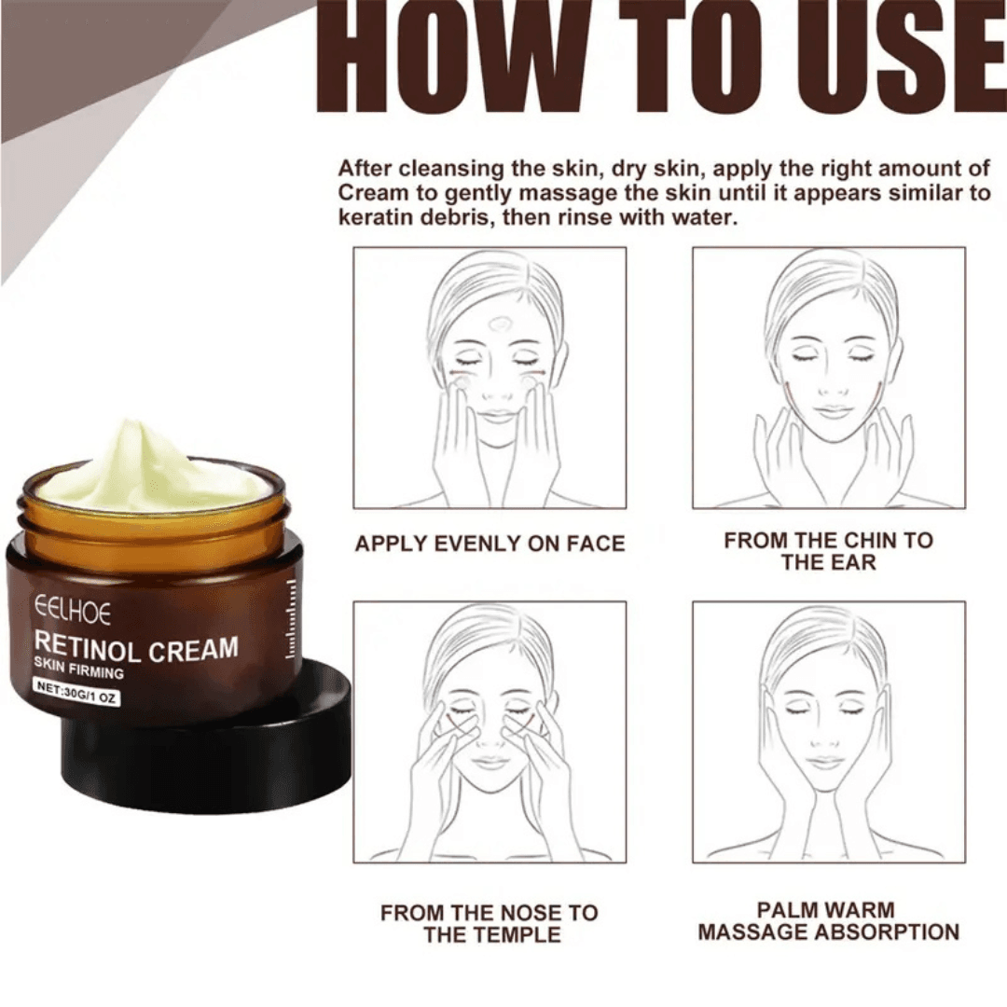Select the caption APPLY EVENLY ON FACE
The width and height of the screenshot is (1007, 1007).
(490, 544)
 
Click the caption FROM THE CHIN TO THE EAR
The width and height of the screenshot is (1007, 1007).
(828, 551)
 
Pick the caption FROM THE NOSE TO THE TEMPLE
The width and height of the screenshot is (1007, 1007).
(490, 923)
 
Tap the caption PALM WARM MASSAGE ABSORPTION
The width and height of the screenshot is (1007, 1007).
(828, 920)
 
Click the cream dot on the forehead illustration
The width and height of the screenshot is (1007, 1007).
(500, 324)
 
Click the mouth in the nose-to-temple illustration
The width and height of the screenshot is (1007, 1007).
(490, 762)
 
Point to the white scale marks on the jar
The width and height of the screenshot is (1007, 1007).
(291, 620)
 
